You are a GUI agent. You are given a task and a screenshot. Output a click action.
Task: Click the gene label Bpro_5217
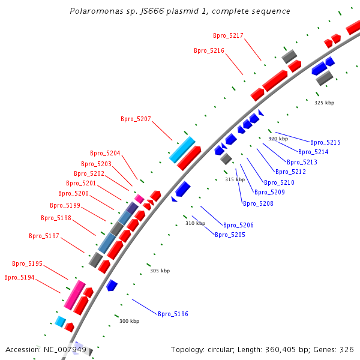point(228,36)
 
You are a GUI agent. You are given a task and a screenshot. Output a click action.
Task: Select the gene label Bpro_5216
point(209,51)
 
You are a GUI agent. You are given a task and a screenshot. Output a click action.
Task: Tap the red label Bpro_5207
point(136,119)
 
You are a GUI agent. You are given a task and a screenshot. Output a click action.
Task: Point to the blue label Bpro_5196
point(173,314)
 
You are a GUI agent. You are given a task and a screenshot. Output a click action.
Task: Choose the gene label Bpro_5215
point(325,143)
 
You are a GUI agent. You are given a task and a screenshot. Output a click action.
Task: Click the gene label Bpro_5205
point(230,235)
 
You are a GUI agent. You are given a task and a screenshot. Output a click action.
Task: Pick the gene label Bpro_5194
point(19,278)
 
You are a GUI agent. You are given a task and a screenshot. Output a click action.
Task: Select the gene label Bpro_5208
point(258,204)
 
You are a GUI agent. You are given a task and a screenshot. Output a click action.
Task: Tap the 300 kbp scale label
point(129,322)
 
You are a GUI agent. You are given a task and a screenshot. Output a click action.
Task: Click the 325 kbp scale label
point(324,103)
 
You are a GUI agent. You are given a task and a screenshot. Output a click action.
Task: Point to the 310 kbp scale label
point(195,224)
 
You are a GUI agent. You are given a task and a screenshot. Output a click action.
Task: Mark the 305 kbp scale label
point(160,271)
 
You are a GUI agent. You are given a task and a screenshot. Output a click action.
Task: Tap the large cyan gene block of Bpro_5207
point(182,150)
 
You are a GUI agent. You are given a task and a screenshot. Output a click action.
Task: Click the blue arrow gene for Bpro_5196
point(112,285)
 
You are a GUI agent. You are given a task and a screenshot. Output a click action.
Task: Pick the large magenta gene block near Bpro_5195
point(75,295)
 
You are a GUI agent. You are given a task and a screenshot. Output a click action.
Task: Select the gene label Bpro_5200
point(73,194)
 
